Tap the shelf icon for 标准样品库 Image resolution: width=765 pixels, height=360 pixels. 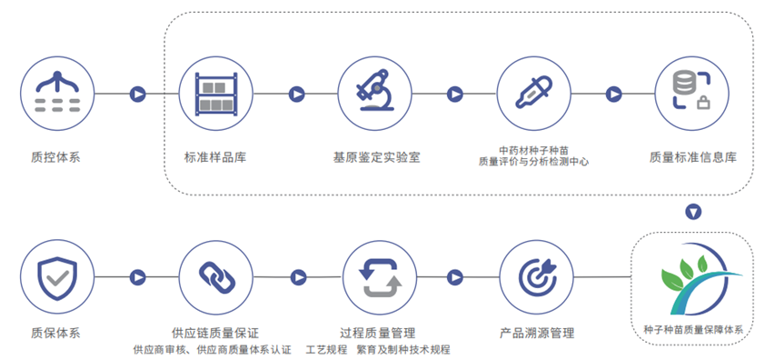(x=215, y=93)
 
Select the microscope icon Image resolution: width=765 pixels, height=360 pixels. (x=374, y=93)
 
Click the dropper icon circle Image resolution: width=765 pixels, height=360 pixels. (x=533, y=93)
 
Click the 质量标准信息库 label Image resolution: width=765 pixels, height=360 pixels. (x=692, y=157)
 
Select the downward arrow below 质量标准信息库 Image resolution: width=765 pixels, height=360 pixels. (x=693, y=212)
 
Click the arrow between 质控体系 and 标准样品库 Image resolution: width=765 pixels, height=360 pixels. (x=137, y=93)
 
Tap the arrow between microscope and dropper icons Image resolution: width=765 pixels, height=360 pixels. (x=455, y=93)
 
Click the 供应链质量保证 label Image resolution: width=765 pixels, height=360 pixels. (x=214, y=333)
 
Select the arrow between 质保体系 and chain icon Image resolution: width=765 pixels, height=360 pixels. (x=137, y=277)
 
